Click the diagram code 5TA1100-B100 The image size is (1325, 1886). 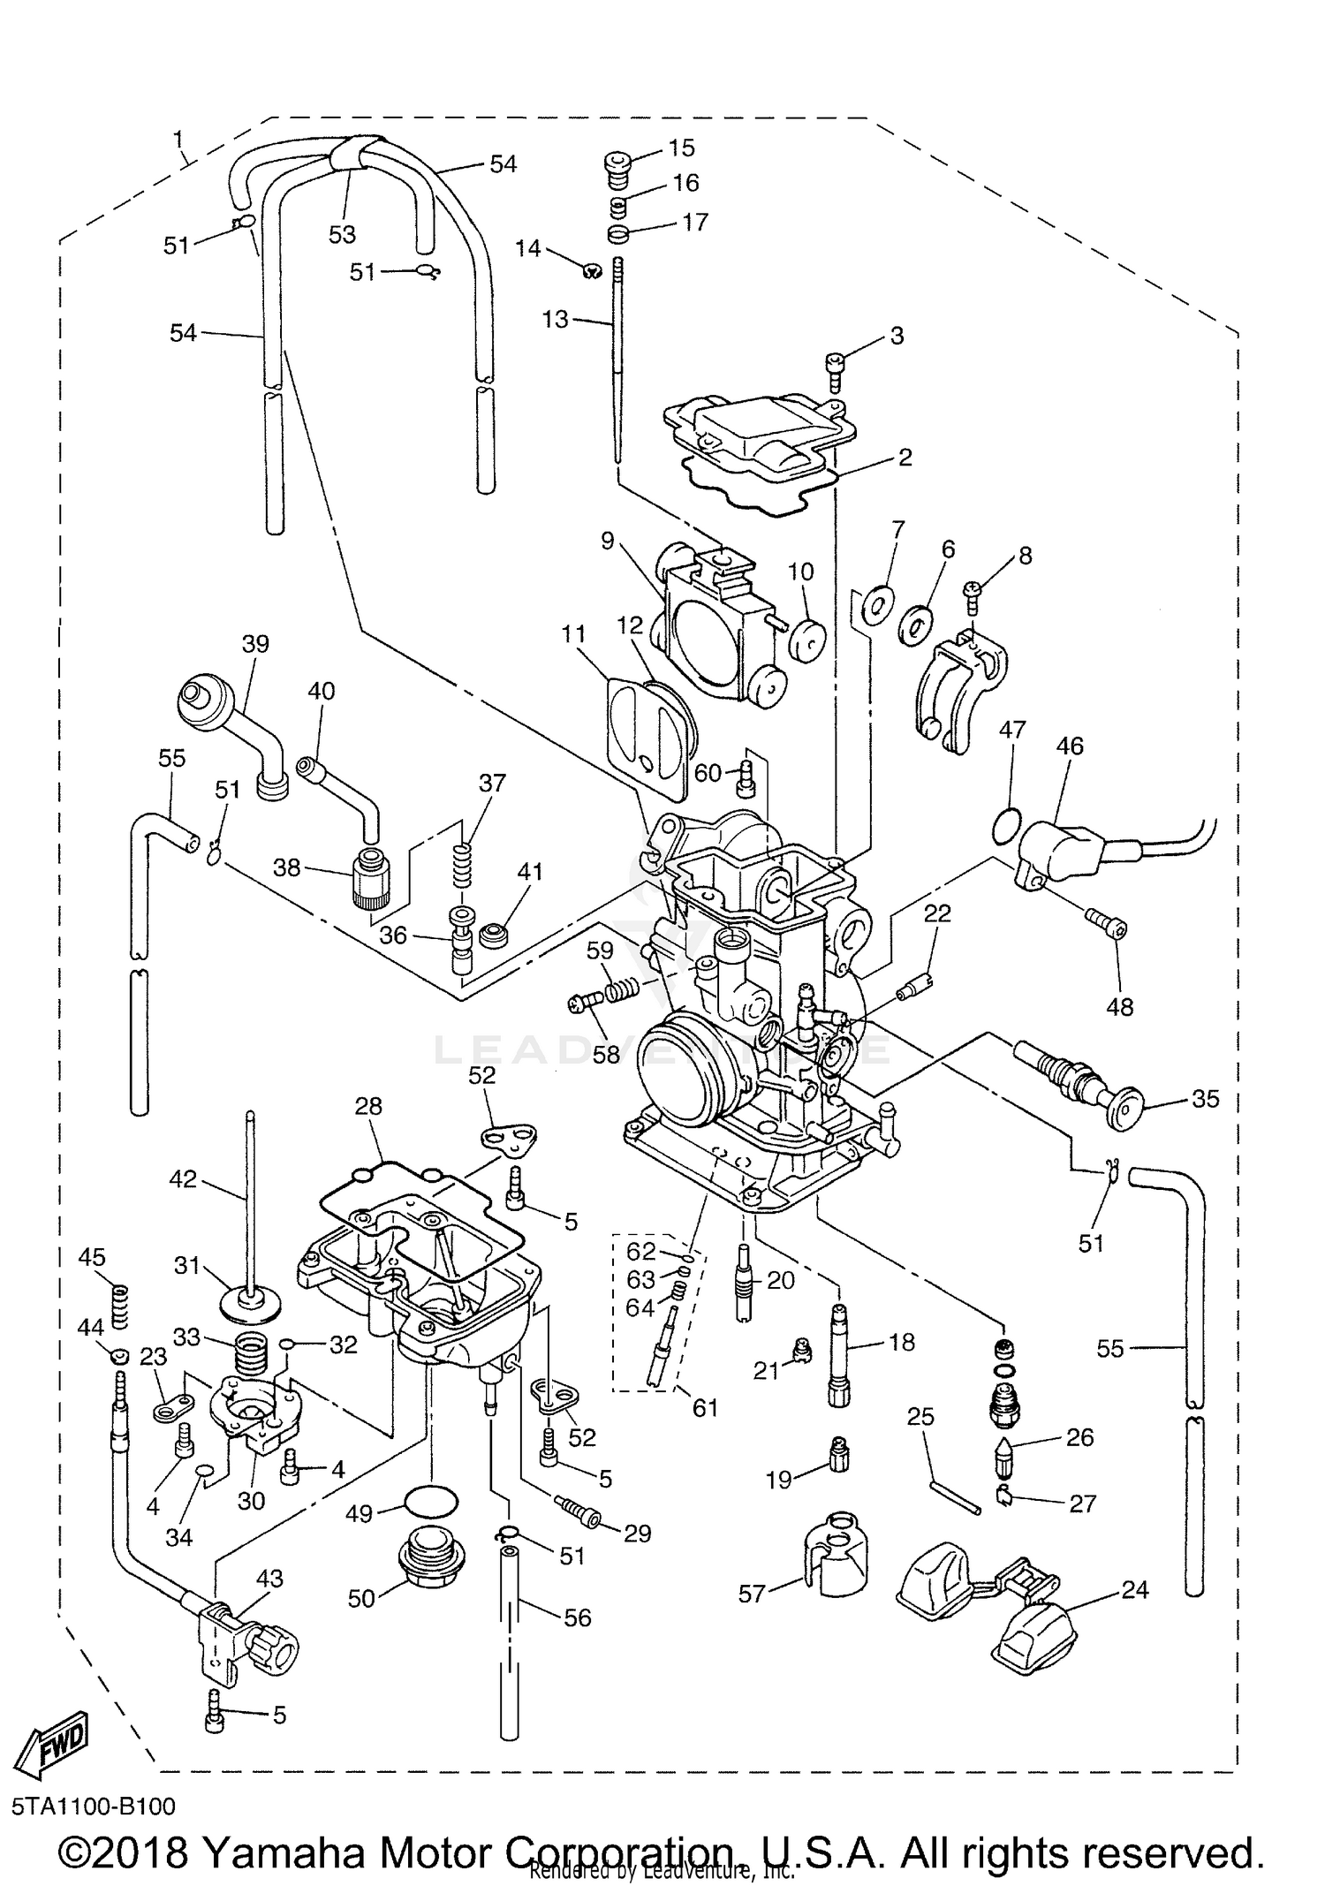point(94,1806)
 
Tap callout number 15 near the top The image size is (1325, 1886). point(681,147)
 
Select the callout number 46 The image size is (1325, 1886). point(1070,746)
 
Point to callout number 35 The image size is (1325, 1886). point(1205,1099)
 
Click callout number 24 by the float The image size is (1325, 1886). point(1134,1590)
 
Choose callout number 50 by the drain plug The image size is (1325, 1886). point(361,1597)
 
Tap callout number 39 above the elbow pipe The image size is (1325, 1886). point(255,643)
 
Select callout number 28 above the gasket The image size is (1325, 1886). point(368,1106)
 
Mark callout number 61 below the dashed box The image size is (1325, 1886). point(705,1407)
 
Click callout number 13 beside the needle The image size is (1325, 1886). point(556,319)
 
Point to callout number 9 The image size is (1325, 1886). point(607,540)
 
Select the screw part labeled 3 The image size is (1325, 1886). point(836,365)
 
